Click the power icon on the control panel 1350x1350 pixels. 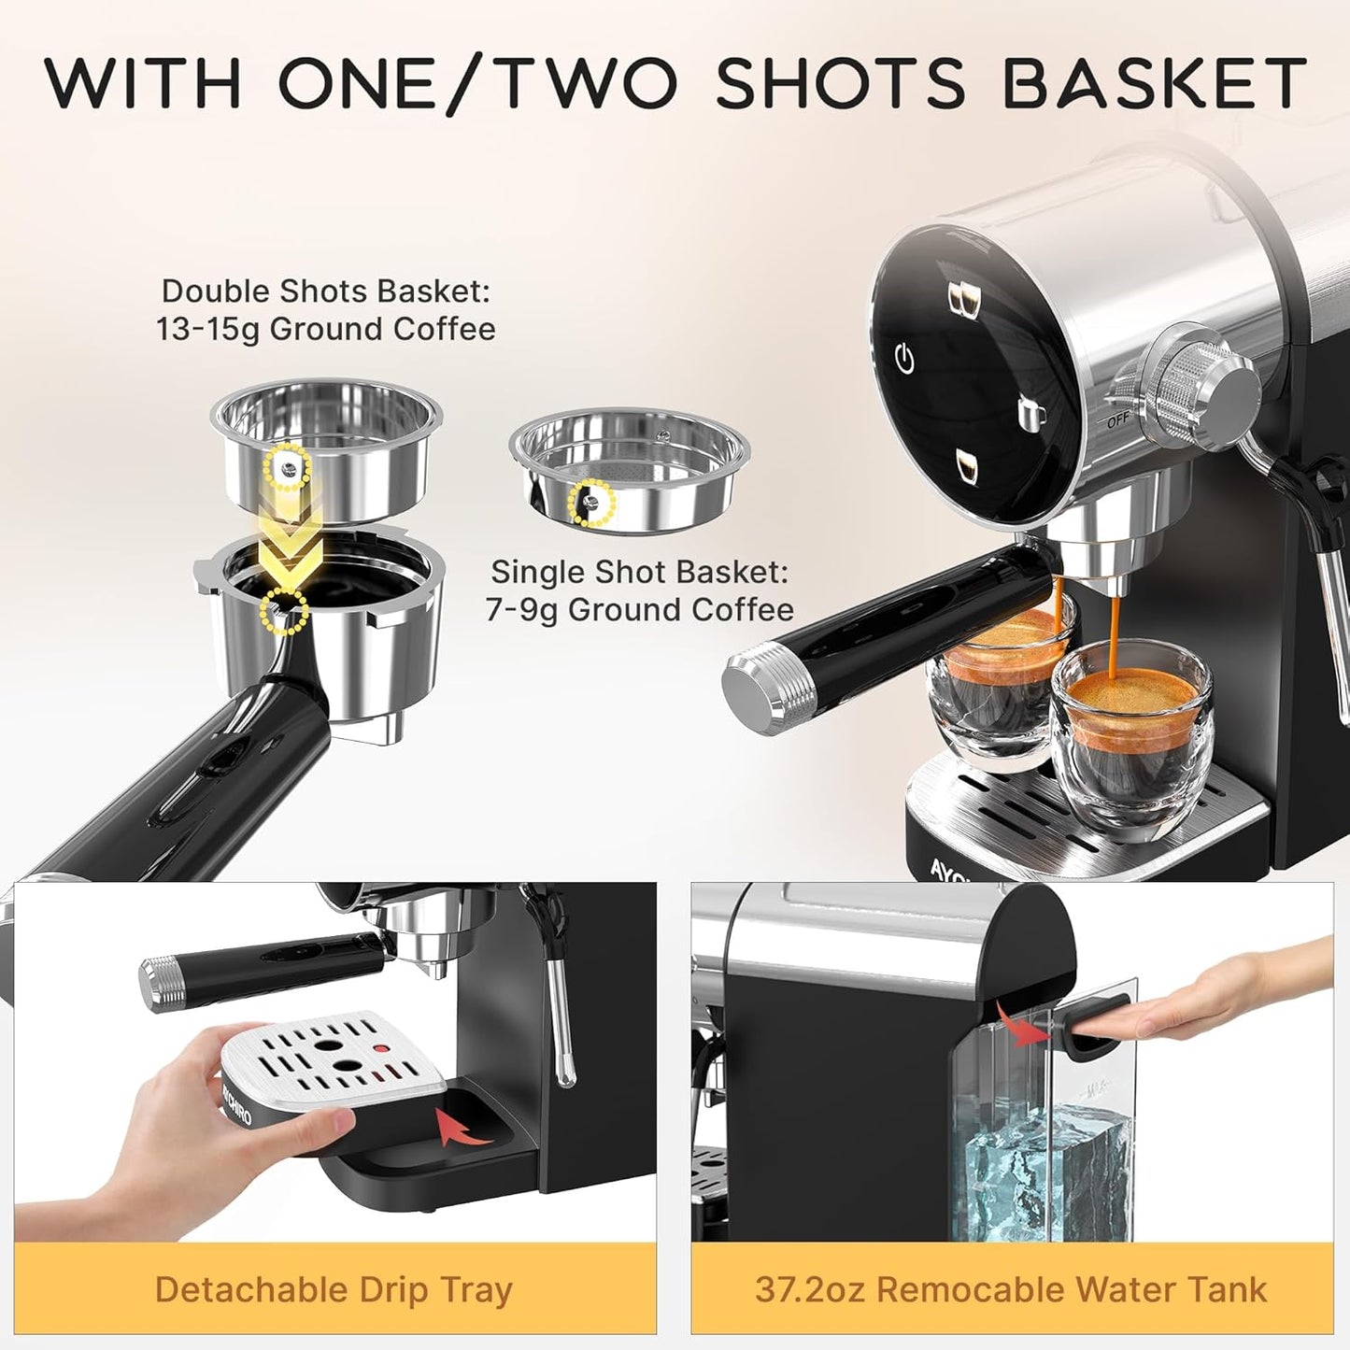coord(903,359)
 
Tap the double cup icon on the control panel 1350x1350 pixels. coord(962,297)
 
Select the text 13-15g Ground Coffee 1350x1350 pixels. coord(326,329)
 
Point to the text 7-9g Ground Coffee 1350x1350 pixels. coord(639,609)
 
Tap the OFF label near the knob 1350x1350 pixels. coord(1117,421)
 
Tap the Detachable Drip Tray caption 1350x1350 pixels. coord(334,1289)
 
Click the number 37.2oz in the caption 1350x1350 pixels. coord(809,1289)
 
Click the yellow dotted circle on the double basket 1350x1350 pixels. coord(286,465)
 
